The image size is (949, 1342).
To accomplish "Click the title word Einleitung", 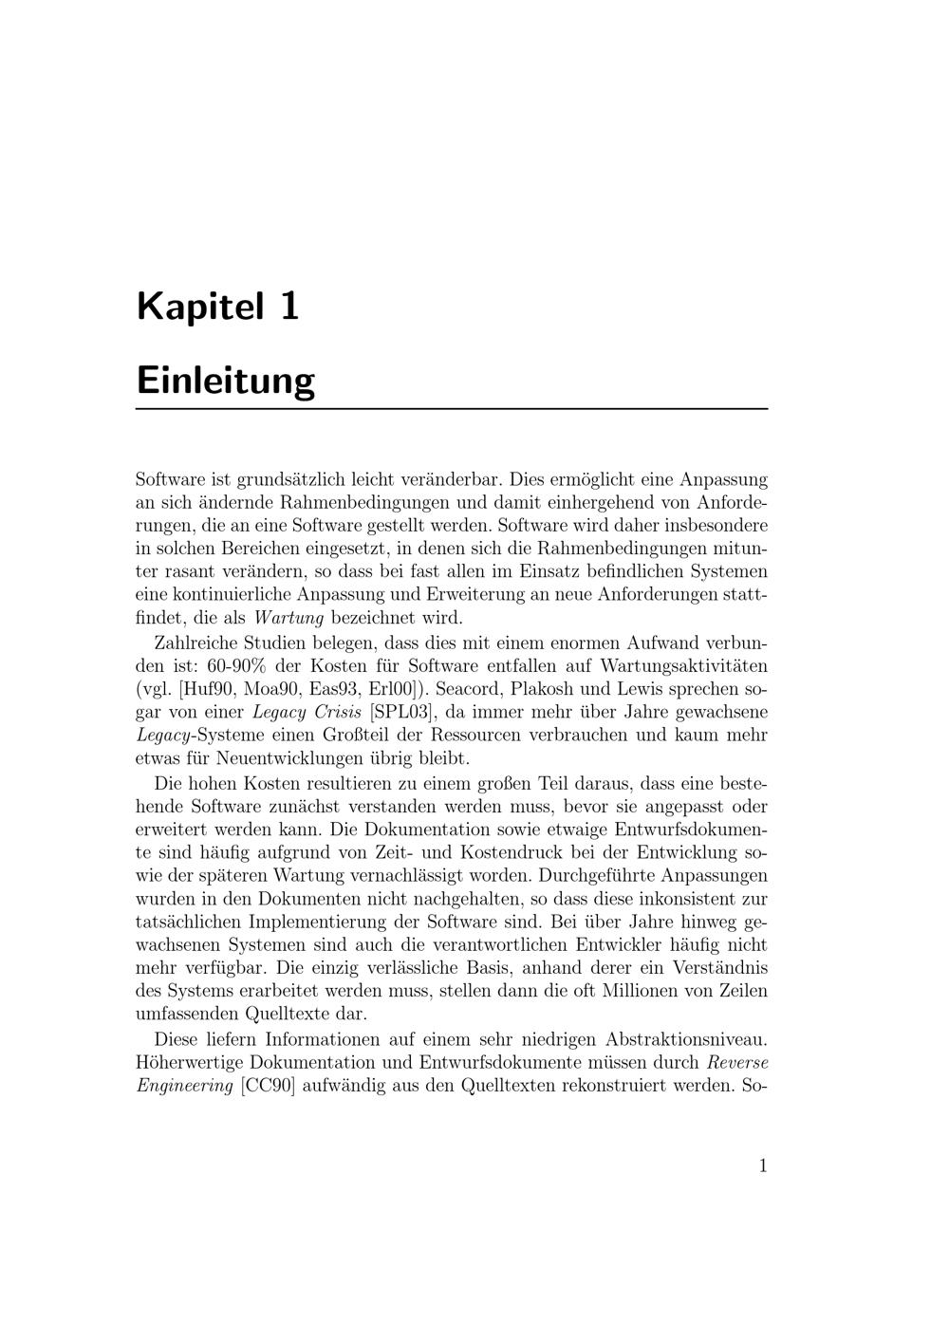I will (226, 381).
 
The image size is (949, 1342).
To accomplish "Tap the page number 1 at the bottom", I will (763, 1165).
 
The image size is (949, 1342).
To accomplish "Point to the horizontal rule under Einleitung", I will (452, 409).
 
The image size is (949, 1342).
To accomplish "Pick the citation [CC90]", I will (269, 1086).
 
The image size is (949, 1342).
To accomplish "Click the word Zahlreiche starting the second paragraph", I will (198, 643).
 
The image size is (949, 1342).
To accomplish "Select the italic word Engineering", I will (184, 1086).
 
